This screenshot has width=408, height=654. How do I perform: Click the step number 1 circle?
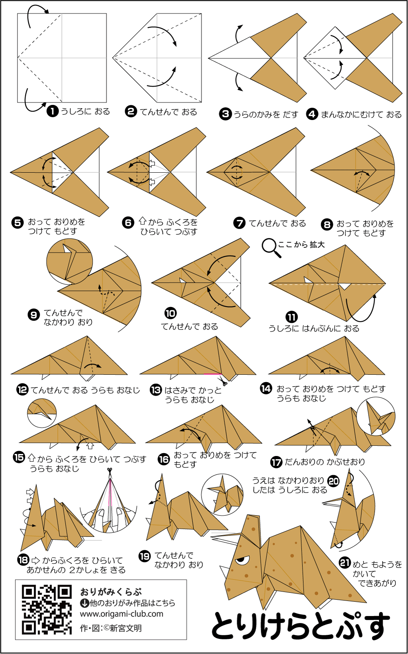click(53, 111)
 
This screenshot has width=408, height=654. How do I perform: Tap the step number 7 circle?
click(239, 223)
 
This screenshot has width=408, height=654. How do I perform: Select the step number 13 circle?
click(156, 390)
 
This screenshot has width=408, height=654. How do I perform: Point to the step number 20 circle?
click(333, 481)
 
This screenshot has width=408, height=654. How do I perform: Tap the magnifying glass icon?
click(271, 248)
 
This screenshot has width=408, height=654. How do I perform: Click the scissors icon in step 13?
click(222, 380)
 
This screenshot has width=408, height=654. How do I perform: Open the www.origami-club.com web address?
click(122, 614)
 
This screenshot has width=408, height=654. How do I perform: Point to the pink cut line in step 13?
click(213, 374)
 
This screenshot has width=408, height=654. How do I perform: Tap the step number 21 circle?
click(345, 563)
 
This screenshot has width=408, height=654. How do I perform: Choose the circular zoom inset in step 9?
click(69, 261)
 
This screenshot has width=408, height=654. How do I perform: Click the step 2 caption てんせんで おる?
click(169, 112)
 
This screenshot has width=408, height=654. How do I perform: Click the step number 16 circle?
click(164, 459)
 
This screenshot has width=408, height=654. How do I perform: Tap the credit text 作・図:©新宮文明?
click(111, 628)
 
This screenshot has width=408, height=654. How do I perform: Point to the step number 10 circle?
click(171, 313)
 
